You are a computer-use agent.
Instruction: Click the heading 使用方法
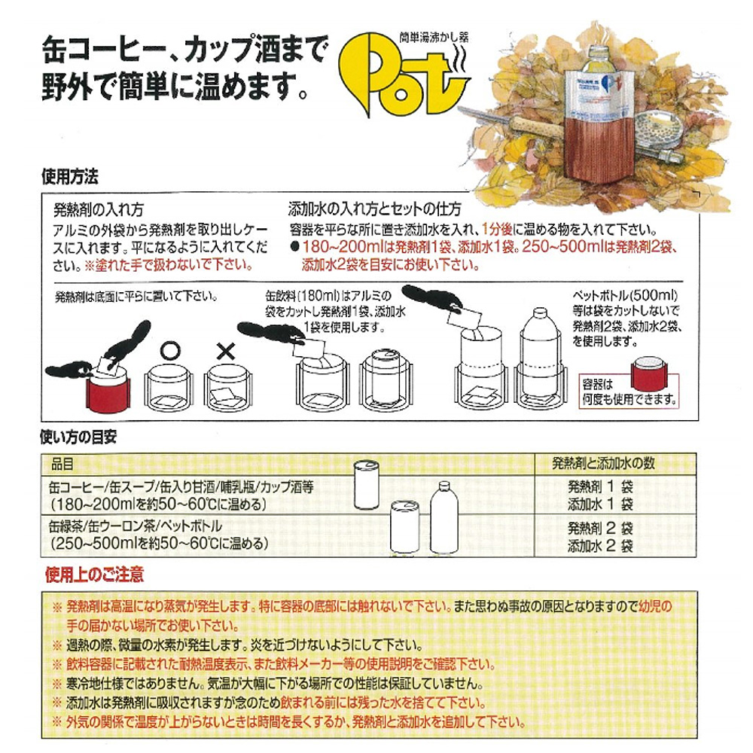coord(70,177)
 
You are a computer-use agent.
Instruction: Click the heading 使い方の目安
coord(79,437)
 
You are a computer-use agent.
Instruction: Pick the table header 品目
coord(63,464)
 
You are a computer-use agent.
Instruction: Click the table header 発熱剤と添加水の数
coord(603,463)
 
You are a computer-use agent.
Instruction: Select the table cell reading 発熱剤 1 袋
coord(600,486)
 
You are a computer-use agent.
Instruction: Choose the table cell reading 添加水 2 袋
coord(600,545)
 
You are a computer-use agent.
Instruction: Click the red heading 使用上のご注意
coord(95,575)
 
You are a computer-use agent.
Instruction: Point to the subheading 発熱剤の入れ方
coord(99,210)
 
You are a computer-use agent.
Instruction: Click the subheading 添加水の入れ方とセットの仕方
coord(374,209)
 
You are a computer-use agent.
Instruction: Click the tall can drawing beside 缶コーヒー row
coord(366,484)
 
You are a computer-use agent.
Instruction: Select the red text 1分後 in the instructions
coord(496,229)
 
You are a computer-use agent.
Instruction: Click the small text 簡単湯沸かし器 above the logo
coord(434,38)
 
